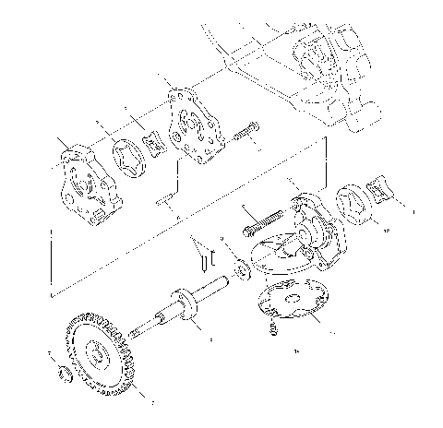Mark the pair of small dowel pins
199,253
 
